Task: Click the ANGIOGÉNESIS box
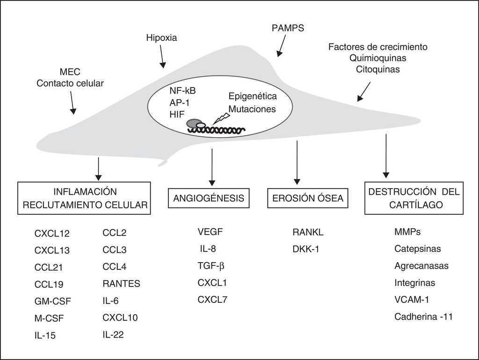[209, 198]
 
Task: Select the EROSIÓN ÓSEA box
[308, 198]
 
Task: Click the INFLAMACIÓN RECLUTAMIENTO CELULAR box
[84, 198]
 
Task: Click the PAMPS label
[288, 28]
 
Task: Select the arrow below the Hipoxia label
[162, 57]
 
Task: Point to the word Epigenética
[253, 96]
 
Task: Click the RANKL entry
[308, 232]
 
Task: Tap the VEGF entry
[210, 231]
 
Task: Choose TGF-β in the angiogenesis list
[211, 265]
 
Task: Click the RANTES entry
[121, 283]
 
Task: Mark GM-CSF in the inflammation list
[53, 301]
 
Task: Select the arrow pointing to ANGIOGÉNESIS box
[212, 166]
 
